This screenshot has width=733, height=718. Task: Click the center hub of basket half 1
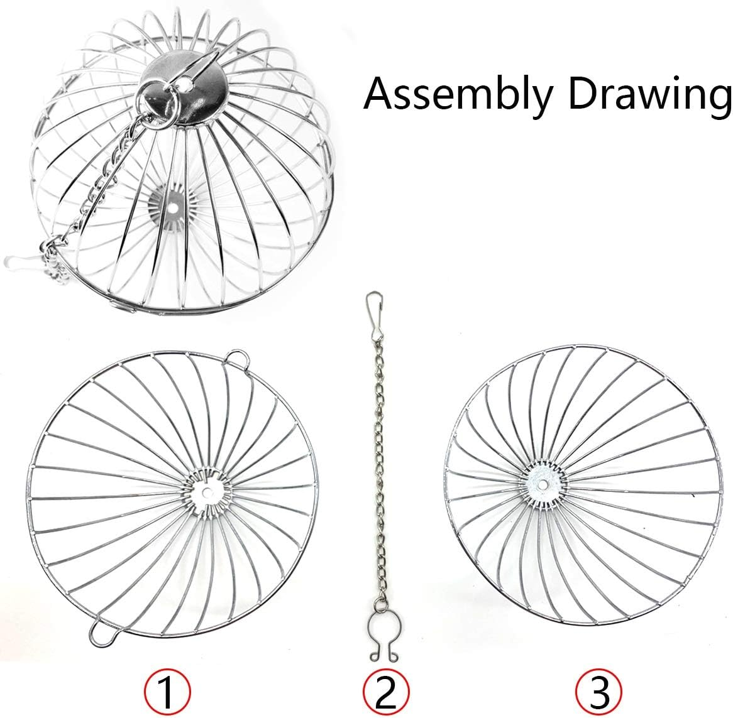(206, 491)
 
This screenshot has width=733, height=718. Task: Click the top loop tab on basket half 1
(238, 357)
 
